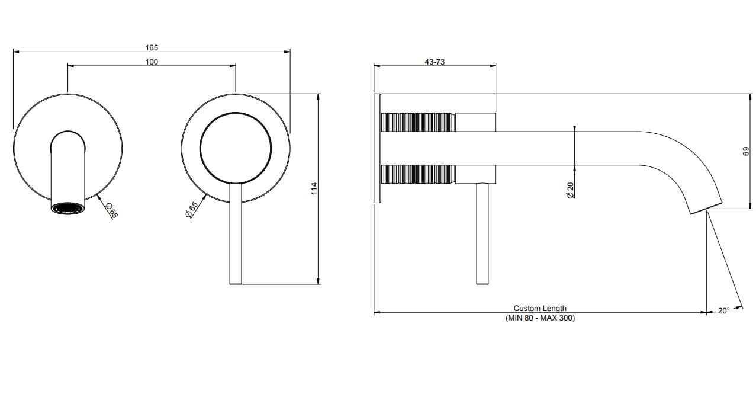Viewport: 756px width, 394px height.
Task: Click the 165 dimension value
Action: (152, 47)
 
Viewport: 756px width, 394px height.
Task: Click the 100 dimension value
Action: (152, 62)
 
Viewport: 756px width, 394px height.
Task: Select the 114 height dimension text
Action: (314, 188)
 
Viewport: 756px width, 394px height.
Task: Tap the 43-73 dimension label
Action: (435, 62)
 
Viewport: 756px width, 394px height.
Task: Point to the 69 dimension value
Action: (746, 152)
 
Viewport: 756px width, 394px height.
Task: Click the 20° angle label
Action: (723, 311)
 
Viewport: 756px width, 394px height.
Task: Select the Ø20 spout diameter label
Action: (570, 190)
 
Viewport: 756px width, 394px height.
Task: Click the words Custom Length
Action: (540, 308)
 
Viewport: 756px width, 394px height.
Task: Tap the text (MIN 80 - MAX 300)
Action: (540, 318)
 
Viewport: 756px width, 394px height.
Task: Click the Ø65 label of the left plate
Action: (111, 210)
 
